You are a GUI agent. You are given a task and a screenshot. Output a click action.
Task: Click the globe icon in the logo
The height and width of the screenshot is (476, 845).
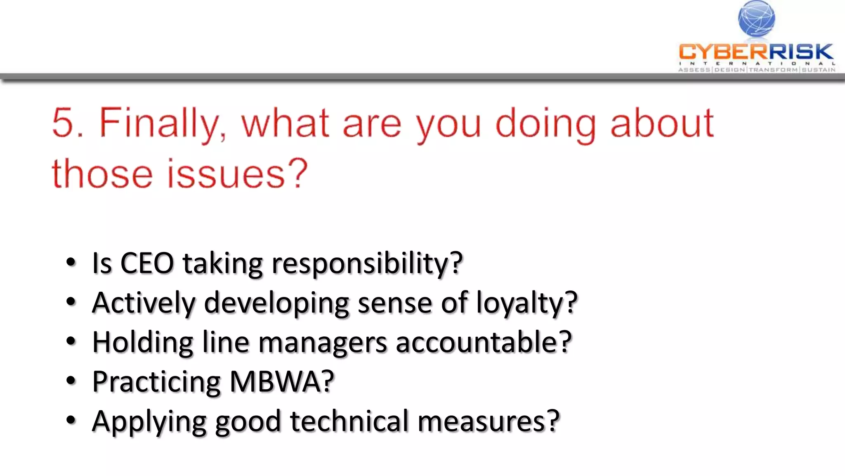[x=756, y=19]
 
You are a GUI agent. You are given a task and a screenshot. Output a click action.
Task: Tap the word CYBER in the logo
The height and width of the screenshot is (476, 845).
[x=723, y=52]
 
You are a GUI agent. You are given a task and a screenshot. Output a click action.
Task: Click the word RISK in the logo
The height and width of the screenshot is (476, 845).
[x=801, y=52]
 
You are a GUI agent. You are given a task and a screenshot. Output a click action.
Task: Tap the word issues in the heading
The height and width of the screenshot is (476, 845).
[x=226, y=174]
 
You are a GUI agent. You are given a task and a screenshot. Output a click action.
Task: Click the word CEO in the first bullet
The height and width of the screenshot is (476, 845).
[x=147, y=263]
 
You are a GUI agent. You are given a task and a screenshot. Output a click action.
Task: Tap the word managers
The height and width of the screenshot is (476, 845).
[x=323, y=343]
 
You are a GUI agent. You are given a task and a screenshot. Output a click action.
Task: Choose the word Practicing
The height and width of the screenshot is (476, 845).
[x=156, y=382]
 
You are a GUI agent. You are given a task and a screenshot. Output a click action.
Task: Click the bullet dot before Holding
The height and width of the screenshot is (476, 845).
[x=71, y=342]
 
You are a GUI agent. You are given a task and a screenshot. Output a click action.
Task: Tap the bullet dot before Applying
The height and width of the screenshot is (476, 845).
[x=71, y=420]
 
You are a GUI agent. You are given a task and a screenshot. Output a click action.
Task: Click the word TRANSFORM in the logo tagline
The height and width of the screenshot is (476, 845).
[x=773, y=70]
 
